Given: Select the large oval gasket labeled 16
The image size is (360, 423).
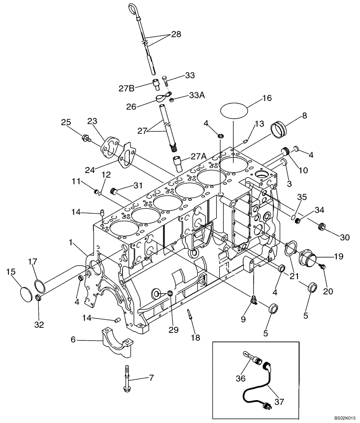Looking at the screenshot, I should click(x=234, y=111).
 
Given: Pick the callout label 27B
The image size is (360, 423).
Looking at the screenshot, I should click(x=126, y=89).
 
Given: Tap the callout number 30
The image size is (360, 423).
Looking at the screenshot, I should click(x=345, y=238).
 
